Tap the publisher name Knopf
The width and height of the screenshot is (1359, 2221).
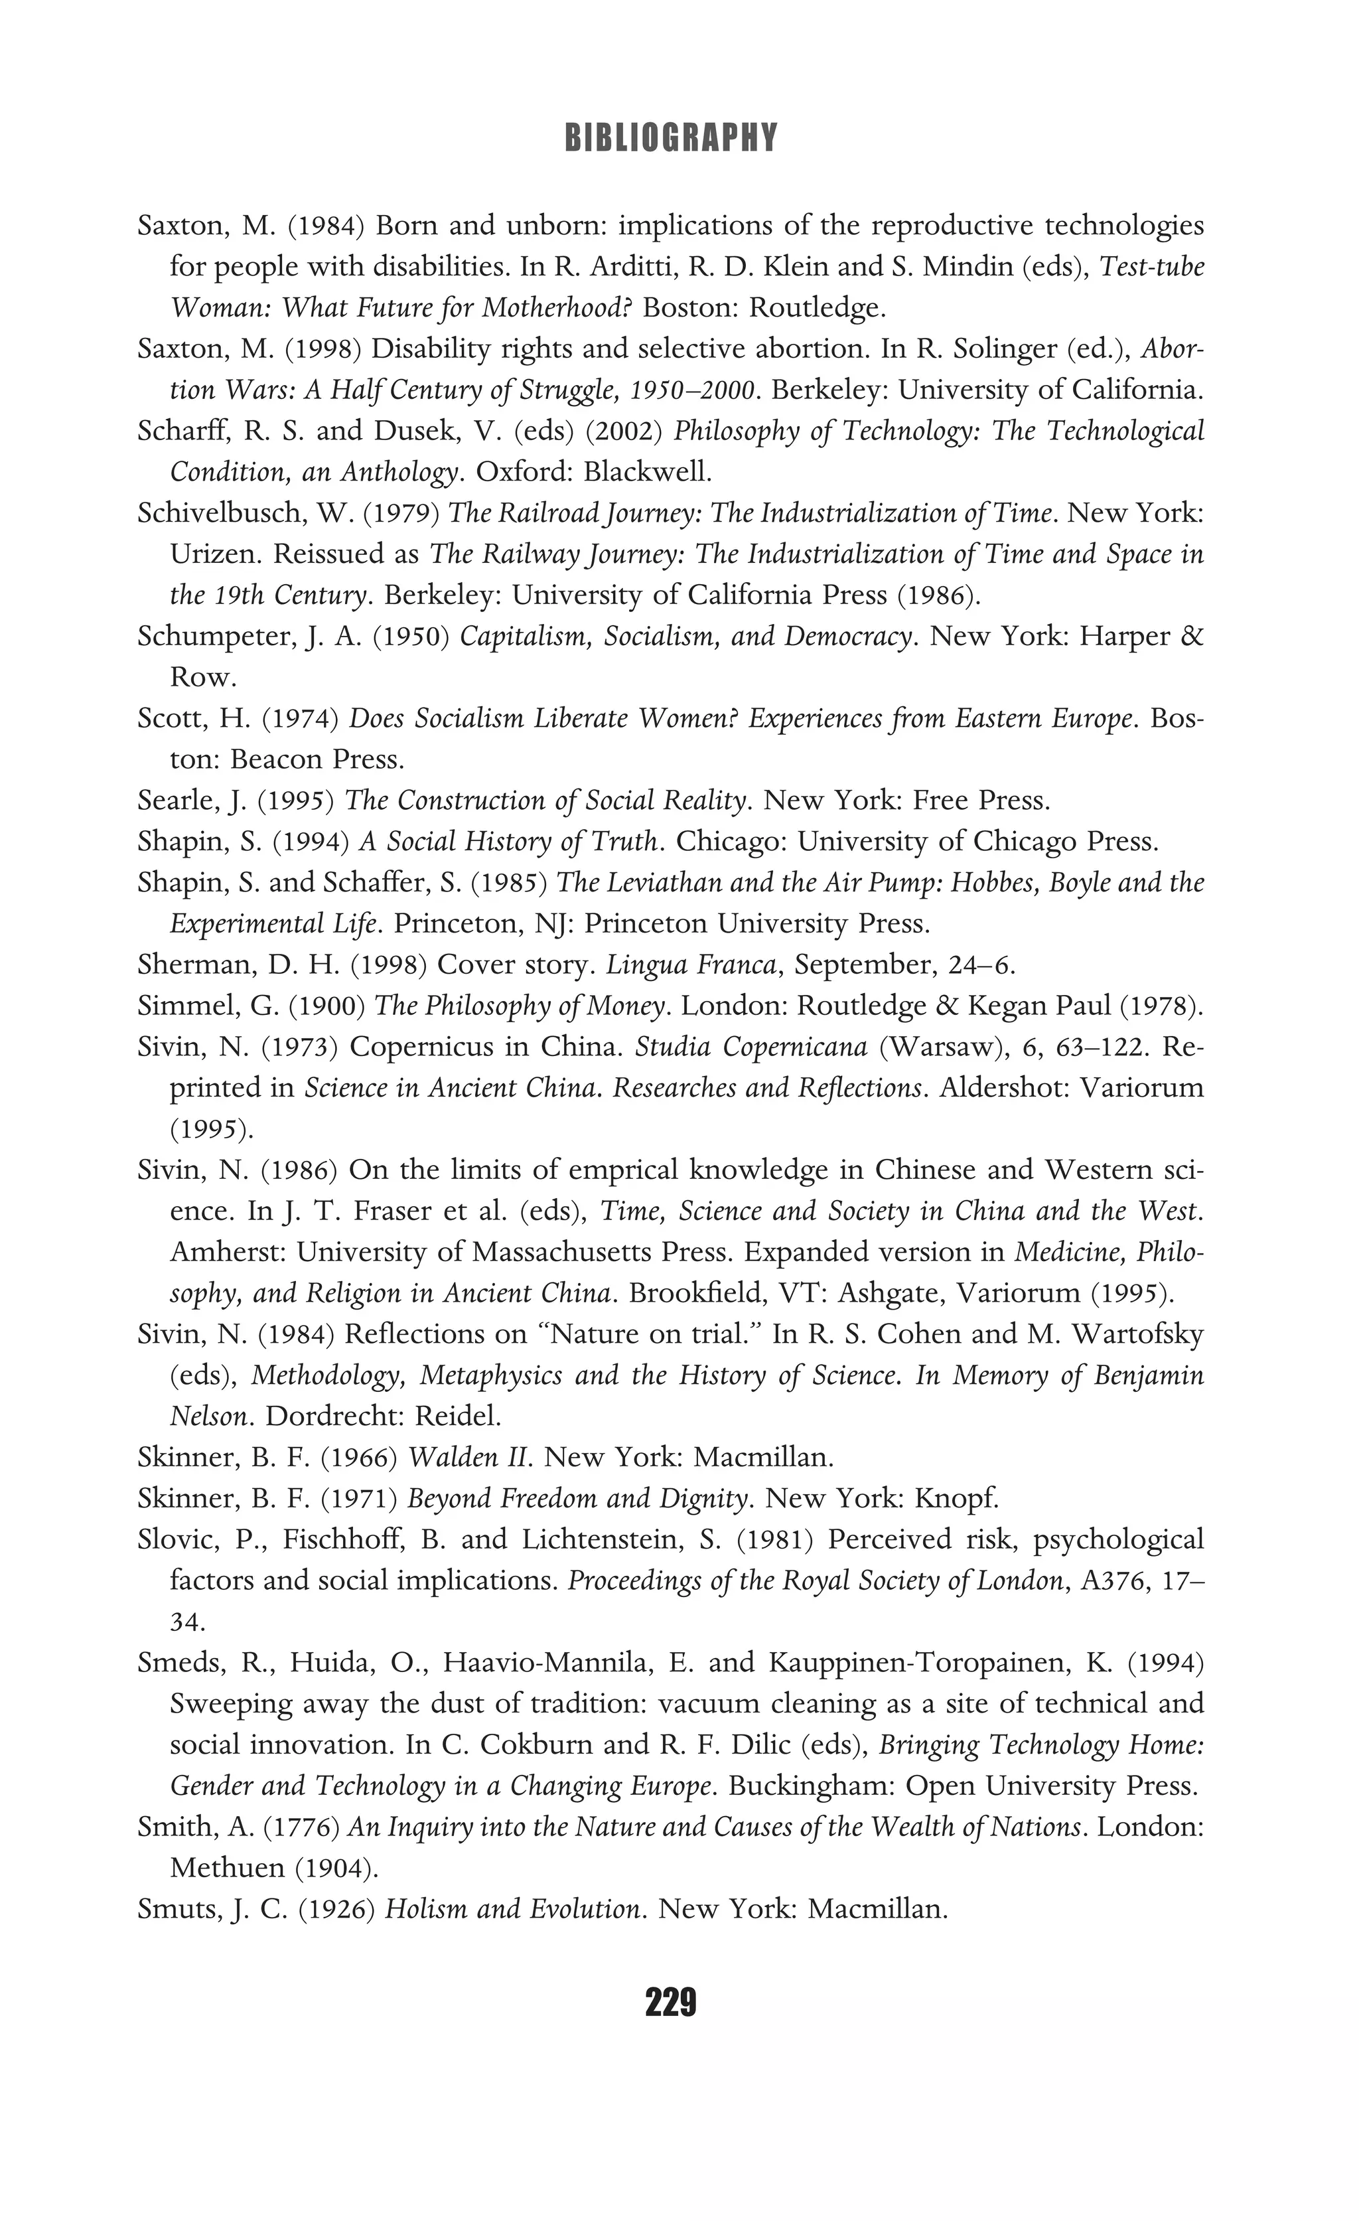[x=957, y=1499]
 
